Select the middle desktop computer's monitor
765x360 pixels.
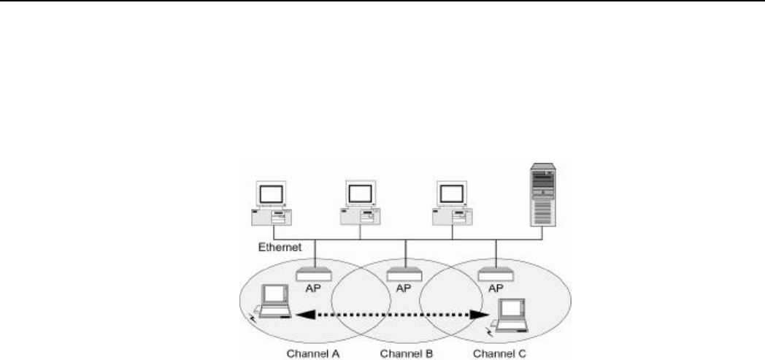(x=361, y=194)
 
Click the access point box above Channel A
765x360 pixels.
(x=315, y=275)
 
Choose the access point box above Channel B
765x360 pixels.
(x=404, y=275)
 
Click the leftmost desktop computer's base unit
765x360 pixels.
(x=273, y=217)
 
